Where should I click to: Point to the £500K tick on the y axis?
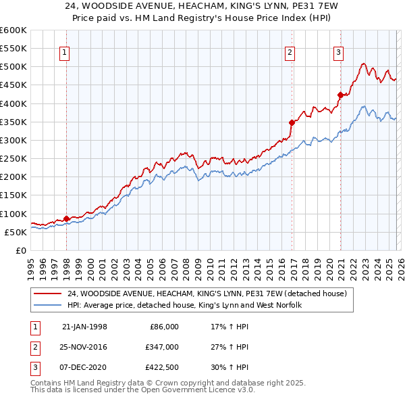(13, 67)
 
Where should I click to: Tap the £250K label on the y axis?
(13, 159)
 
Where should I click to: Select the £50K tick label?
(16, 232)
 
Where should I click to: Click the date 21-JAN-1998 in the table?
(84, 326)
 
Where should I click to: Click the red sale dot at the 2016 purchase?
(292, 122)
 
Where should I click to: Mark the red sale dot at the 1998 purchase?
(66, 218)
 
